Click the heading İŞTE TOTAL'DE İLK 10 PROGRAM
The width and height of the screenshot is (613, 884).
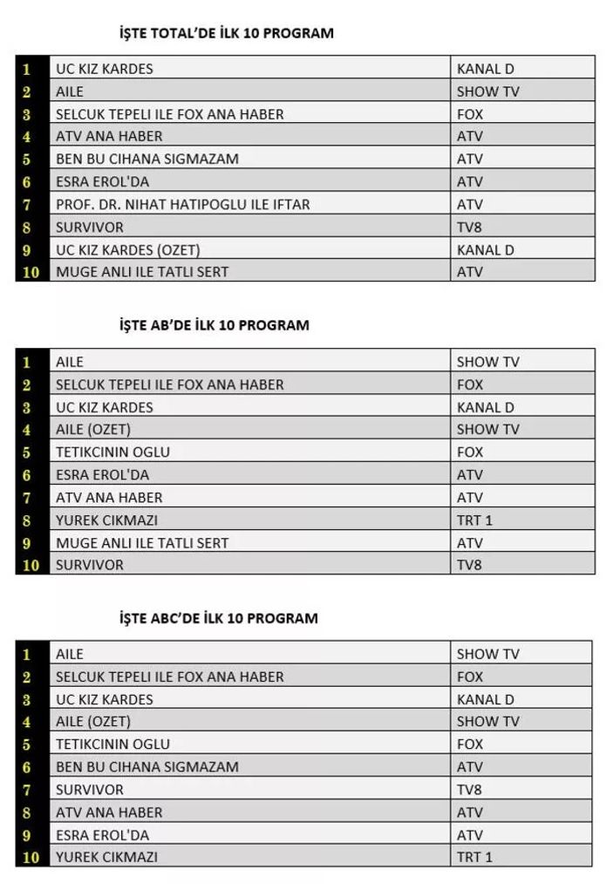tap(227, 33)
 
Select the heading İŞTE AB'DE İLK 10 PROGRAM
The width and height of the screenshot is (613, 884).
tap(215, 325)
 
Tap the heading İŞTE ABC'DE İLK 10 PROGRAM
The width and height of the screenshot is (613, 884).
tap(219, 618)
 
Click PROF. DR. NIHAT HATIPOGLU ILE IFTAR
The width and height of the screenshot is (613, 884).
tap(183, 204)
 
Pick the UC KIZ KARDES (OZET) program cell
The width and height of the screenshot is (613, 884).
tap(128, 249)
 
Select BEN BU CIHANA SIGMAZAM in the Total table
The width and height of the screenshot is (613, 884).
tap(147, 159)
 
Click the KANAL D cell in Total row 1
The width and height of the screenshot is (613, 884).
tap(486, 68)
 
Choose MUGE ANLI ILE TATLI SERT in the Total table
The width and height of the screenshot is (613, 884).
tap(142, 272)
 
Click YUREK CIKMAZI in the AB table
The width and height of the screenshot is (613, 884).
tap(106, 520)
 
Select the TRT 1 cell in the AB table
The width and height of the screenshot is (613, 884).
tap(475, 520)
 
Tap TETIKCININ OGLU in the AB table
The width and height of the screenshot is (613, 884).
tap(113, 452)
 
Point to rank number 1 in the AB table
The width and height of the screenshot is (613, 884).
tap(28, 362)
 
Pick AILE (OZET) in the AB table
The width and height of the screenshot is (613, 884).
tap(93, 429)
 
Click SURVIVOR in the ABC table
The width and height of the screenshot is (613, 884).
tap(90, 789)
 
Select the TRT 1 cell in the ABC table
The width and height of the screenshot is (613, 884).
tap(475, 857)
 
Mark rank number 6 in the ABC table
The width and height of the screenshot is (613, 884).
tap(28, 767)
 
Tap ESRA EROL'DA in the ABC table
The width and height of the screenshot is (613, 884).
tap(103, 834)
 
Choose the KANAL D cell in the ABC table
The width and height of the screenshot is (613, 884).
tap(486, 699)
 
